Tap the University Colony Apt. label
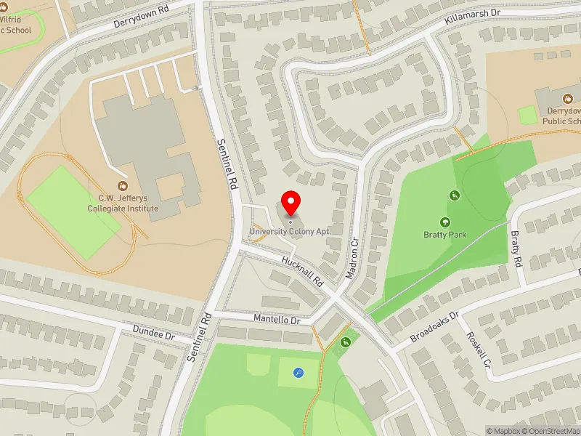(290, 232)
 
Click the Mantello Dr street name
(277, 319)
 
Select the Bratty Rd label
(516, 249)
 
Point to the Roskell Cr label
(479, 353)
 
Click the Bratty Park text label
(444, 235)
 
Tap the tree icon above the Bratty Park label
(444, 222)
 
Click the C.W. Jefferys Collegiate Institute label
(129, 203)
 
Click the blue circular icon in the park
(298, 373)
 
